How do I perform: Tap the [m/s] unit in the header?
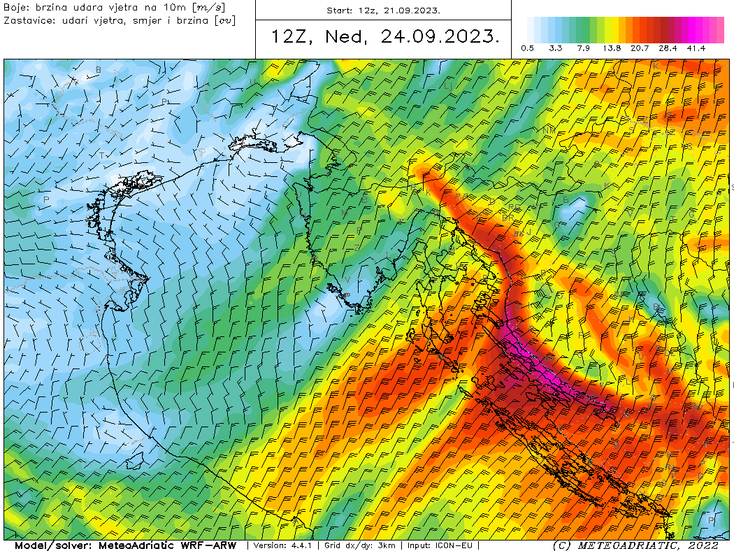point(210,8)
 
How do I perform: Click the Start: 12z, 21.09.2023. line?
point(383,10)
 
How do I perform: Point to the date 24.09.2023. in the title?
point(440,37)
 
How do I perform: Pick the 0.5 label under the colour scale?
point(528,48)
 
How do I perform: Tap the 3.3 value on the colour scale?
point(556,48)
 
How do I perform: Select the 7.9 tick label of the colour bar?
point(584,48)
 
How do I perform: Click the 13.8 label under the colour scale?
point(612,48)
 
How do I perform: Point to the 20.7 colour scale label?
point(640,48)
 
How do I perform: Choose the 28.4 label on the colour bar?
point(668,48)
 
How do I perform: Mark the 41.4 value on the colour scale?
point(696,48)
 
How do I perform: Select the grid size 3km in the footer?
point(384,545)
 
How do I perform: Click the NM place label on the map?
point(549,131)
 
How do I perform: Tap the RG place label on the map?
point(515,208)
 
